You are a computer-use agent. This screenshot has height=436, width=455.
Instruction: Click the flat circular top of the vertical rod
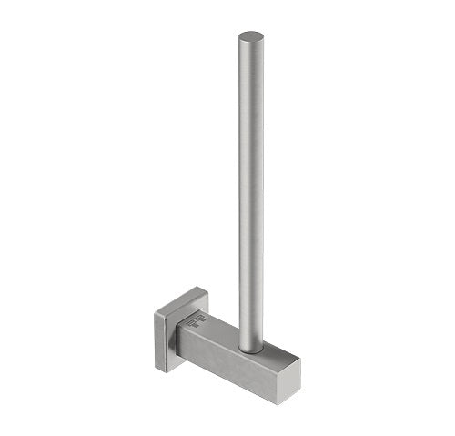point(251,38)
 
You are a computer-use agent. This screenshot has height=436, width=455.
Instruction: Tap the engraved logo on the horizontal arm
point(197,320)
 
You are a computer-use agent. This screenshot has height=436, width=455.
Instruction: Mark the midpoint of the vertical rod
point(251,191)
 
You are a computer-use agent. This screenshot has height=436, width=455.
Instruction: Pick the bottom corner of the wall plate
point(166,371)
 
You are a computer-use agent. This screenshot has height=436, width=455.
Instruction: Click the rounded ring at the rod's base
point(251,350)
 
